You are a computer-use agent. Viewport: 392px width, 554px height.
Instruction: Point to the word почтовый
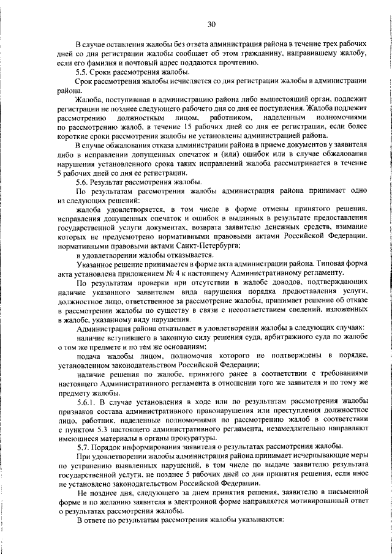coord(134,63)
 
